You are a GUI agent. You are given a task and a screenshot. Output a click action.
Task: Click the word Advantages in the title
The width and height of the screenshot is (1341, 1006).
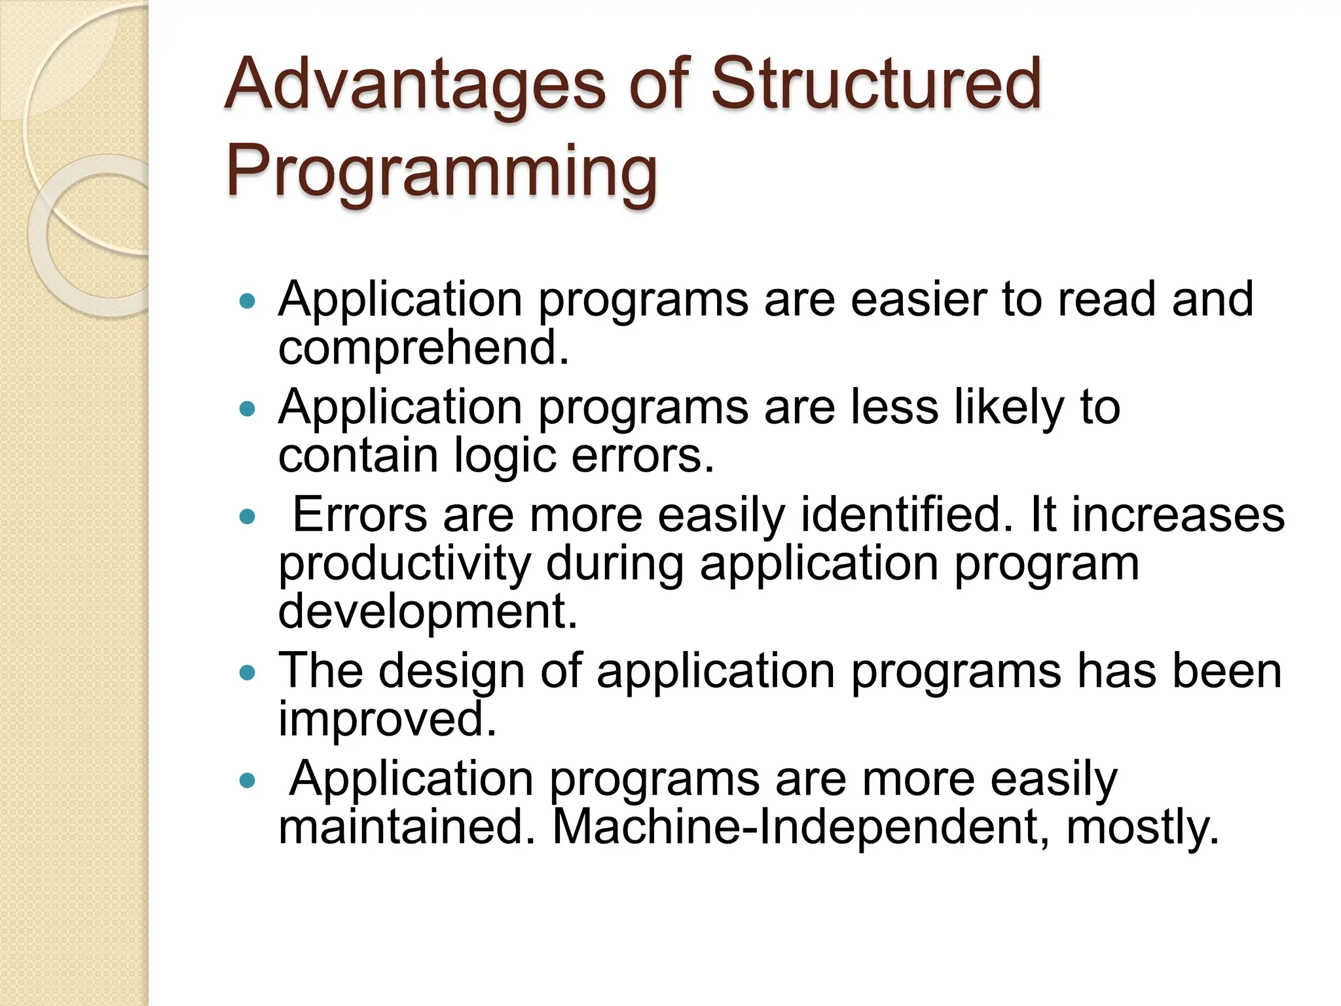415,85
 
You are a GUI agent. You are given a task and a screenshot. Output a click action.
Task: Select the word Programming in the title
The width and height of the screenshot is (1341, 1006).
441,172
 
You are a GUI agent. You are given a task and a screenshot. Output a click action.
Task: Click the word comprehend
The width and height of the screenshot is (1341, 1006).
424,349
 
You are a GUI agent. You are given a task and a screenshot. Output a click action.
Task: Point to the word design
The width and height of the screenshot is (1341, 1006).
451,671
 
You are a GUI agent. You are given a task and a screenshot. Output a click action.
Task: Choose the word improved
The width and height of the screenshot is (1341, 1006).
387,720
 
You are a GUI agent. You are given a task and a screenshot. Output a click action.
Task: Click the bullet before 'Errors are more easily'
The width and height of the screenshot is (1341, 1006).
247,517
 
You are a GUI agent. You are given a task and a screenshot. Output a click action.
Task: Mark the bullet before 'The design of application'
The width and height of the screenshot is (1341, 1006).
247,673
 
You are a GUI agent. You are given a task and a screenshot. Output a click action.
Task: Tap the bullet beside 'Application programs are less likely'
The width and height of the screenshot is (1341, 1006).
247,409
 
